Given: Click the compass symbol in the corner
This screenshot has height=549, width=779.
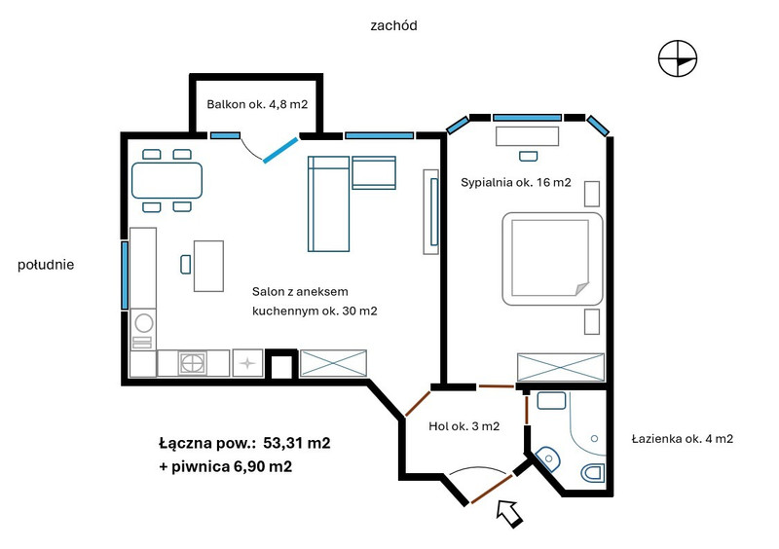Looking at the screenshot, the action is tap(678, 58).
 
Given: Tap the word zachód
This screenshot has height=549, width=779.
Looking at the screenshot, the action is tap(393, 26).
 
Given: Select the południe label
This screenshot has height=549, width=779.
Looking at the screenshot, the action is tap(46, 265).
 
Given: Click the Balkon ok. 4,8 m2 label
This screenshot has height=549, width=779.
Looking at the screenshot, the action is tap(257, 104).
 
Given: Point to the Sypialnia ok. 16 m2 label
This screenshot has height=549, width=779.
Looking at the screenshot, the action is tap(516, 182).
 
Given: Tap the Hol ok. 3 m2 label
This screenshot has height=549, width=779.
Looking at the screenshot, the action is tap(464, 426).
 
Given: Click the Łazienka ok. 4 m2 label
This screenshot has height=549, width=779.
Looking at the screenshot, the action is tap(683, 439).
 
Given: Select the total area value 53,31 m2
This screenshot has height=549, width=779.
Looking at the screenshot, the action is tap(297, 443).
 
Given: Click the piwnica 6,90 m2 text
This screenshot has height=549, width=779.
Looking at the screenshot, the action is tap(232, 466).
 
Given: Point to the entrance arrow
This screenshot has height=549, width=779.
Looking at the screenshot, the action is tap(509, 513).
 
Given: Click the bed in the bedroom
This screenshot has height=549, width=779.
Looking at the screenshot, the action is tap(552, 258).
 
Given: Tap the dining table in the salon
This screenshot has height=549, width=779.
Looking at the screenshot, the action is tap(167, 180).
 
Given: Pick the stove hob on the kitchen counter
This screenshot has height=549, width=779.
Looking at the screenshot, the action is tap(193, 363).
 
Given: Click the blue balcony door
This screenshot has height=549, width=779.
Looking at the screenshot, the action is tap(280, 150).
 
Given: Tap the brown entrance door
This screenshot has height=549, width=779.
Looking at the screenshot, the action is tap(492, 490).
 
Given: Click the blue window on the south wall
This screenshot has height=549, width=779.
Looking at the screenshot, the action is tap(125, 275).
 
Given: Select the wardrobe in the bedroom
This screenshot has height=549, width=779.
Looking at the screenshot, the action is tap(561, 367).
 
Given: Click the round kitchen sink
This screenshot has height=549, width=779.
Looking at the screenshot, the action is tap(144, 323).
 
